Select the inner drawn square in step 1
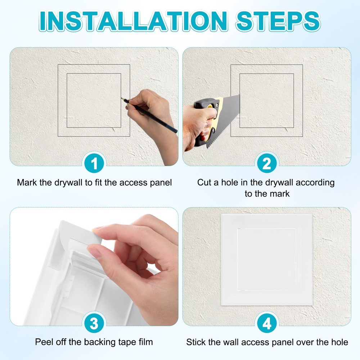[94, 74]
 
